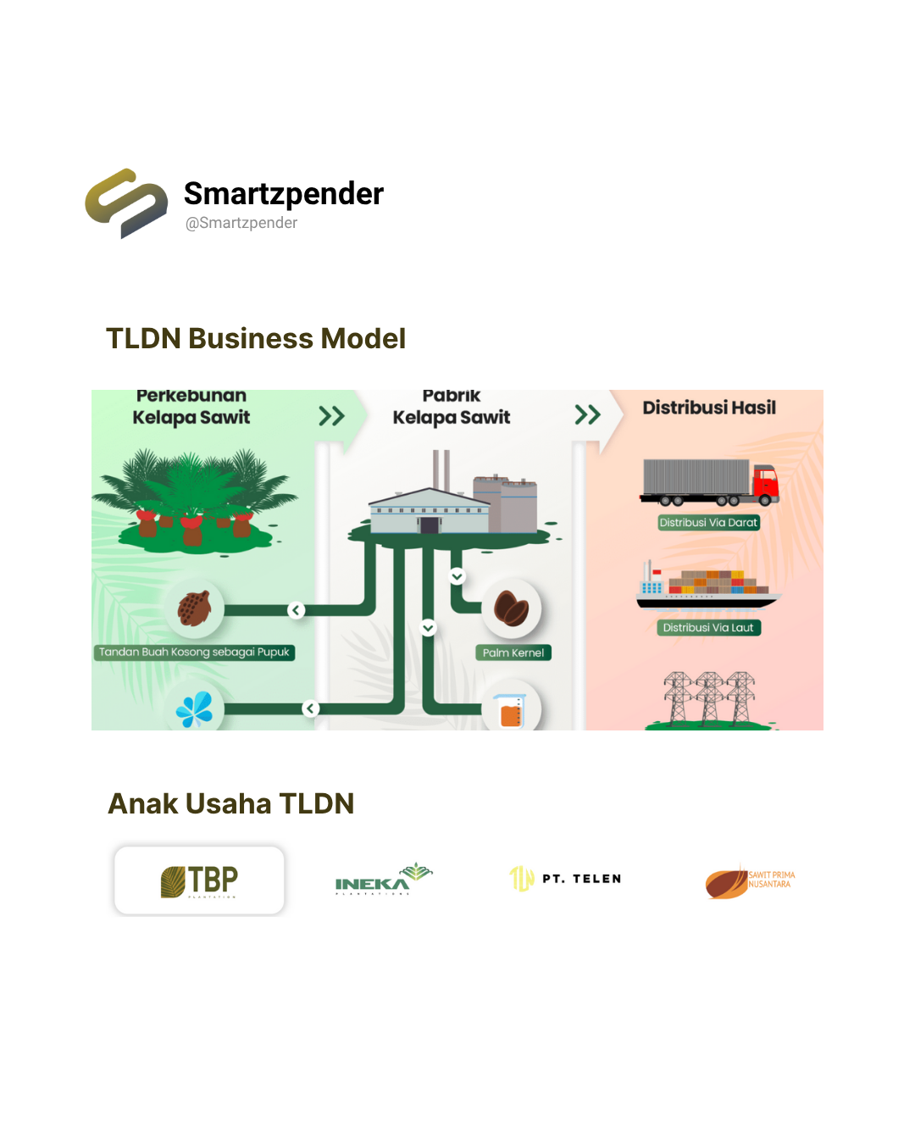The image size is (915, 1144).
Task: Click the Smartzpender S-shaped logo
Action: (x=126, y=203)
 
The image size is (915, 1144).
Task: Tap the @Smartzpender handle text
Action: (x=241, y=223)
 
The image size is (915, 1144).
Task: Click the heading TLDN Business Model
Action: (x=256, y=338)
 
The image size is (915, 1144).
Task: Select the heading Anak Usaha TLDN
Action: (x=231, y=803)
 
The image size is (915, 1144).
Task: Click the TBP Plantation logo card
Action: (x=199, y=880)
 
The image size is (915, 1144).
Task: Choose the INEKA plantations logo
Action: (x=383, y=880)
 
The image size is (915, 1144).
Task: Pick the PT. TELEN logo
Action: (x=566, y=879)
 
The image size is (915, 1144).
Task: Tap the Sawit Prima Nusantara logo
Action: (x=750, y=882)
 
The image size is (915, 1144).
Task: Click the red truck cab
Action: (x=765, y=482)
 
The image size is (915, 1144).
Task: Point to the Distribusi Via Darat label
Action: (x=708, y=523)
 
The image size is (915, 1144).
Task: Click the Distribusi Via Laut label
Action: (x=708, y=628)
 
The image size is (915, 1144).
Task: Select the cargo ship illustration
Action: (x=707, y=586)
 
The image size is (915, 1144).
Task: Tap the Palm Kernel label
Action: (x=513, y=653)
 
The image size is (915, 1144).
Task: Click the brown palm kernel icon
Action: (x=512, y=608)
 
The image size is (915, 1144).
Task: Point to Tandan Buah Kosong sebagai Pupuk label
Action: (x=194, y=653)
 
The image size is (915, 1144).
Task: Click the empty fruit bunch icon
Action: (x=195, y=608)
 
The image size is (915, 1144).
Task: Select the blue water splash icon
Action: (x=195, y=710)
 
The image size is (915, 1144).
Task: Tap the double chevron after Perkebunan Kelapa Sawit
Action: (x=331, y=416)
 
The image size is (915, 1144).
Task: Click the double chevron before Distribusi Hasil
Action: (x=587, y=415)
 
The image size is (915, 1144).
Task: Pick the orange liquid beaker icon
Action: (x=511, y=711)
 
